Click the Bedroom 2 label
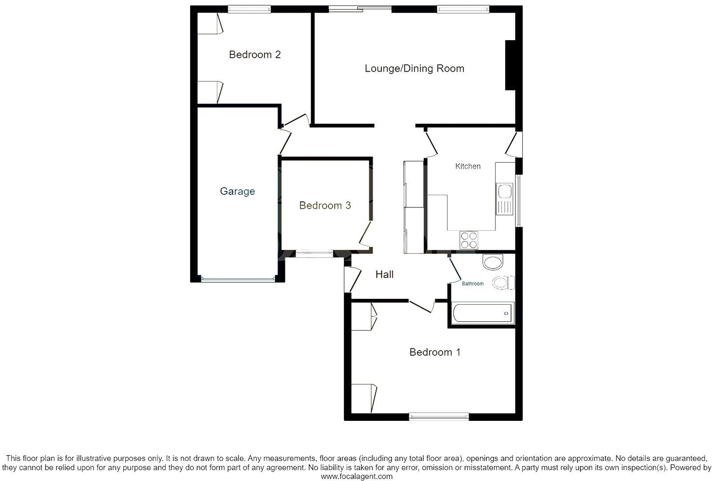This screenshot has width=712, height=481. (255, 55)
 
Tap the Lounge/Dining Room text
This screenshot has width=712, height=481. (414, 69)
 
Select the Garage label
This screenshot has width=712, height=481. (237, 192)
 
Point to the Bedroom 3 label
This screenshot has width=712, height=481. (325, 205)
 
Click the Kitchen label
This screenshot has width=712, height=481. (468, 166)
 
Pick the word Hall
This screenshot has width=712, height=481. (384, 274)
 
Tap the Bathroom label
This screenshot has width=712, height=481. (473, 284)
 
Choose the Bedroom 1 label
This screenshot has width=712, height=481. (435, 352)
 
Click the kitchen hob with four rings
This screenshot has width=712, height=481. (469, 240)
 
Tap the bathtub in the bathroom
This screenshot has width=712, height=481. (483, 314)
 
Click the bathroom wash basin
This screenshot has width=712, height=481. (493, 262)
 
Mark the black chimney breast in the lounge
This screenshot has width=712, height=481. (510, 65)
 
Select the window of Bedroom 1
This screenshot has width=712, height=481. (439, 417)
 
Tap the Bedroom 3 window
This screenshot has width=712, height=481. (315, 255)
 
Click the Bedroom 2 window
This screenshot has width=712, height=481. (249, 8)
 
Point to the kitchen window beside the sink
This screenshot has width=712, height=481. (518, 200)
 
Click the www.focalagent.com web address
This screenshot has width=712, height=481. (357, 476)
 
